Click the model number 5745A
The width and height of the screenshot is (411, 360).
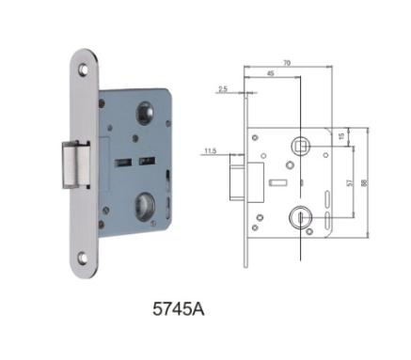pos(179,309)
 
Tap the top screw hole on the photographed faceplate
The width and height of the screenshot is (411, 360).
pos(84,70)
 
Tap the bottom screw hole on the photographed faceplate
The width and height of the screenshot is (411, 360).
pos(83,258)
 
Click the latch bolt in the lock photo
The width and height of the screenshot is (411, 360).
pos(76,164)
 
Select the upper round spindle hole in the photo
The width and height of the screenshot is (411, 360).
pos(145,113)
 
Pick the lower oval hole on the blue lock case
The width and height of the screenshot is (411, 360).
pos(145,205)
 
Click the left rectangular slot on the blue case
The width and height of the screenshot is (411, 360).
pos(123,162)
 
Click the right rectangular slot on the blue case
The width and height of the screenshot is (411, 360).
pos(147,161)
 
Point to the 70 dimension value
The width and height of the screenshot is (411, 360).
pos(287,63)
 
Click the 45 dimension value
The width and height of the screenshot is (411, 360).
pos(271,73)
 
